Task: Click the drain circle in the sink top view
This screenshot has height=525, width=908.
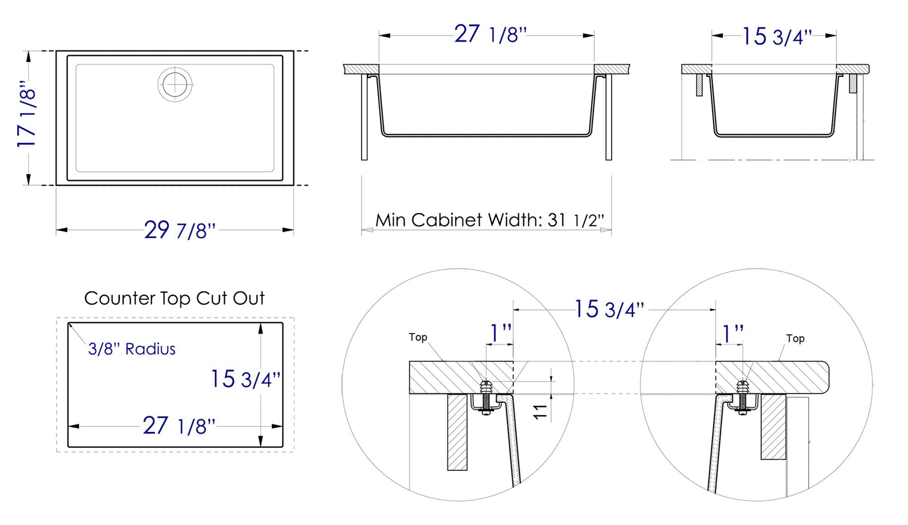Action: [175, 84]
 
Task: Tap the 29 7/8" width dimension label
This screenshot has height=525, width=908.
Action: [180, 230]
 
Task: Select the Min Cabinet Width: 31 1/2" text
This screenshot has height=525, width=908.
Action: [489, 220]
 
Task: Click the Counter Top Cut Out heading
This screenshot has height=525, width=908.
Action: [174, 298]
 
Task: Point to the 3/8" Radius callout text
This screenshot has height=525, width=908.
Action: [132, 349]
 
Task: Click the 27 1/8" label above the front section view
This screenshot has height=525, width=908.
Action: [490, 35]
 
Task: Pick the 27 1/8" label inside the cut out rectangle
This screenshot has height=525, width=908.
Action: [179, 426]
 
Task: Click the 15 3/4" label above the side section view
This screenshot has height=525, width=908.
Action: [776, 36]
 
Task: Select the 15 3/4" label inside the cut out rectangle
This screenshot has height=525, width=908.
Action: [245, 379]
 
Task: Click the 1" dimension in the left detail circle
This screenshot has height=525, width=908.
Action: [500, 334]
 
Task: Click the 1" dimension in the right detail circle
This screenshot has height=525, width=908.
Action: [732, 334]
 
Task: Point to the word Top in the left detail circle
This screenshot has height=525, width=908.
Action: [418, 337]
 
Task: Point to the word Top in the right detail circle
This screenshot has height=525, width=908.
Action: [795, 338]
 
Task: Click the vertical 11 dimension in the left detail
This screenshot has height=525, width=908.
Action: [540, 411]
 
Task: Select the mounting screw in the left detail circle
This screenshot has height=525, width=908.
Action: [486, 397]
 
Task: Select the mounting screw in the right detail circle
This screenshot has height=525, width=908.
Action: [742, 398]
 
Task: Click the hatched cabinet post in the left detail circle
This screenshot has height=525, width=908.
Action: [457, 431]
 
